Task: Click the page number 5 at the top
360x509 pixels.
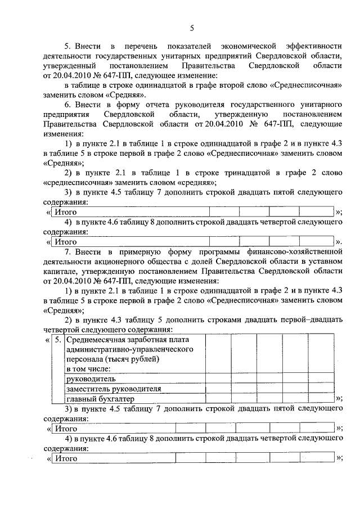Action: pyautogui.click(x=191, y=28)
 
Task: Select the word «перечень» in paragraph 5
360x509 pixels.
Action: pyautogui.click(x=138, y=46)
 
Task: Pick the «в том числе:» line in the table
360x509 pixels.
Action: pyautogui.click(x=88, y=369)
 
